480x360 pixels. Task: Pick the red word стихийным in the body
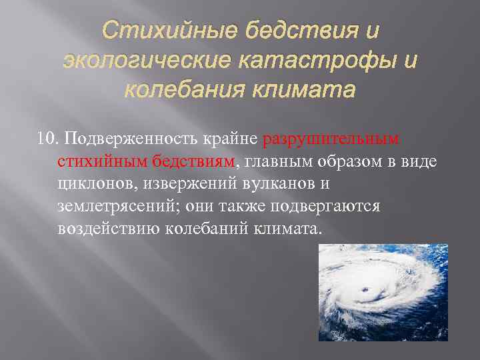pos(95,161)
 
